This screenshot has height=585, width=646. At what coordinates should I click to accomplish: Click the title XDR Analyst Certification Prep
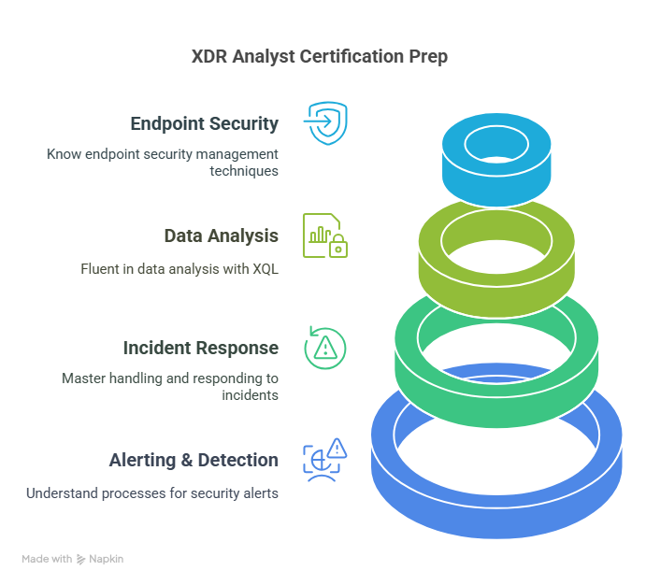click(320, 56)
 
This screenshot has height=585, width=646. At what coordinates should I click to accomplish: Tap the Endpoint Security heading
click(205, 123)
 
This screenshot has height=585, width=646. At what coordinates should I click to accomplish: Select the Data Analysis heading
click(222, 235)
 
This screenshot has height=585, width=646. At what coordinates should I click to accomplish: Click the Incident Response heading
click(201, 348)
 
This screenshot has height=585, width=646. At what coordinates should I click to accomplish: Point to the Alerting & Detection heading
click(194, 461)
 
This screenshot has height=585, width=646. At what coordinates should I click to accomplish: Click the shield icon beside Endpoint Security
click(325, 123)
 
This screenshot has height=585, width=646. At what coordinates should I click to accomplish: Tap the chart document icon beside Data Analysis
click(325, 235)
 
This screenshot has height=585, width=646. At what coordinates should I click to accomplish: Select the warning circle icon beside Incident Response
click(325, 348)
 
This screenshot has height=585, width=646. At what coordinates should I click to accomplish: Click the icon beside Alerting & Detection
click(325, 460)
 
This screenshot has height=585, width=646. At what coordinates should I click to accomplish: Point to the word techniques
click(244, 171)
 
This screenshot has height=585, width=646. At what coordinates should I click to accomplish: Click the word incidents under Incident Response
click(250, 395)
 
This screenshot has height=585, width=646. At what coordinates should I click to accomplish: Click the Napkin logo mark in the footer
click(80, 559)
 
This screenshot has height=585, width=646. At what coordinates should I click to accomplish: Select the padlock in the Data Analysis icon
click(338, 246)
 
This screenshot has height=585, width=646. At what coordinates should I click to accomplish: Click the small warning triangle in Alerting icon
click(337, 448)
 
